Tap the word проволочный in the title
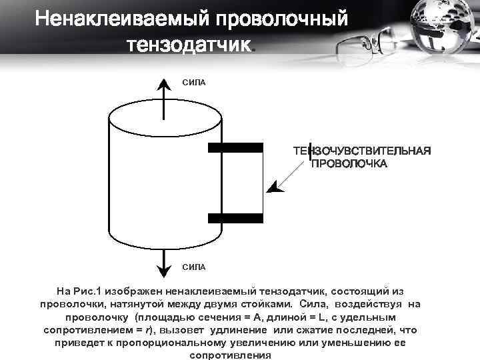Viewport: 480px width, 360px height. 281,19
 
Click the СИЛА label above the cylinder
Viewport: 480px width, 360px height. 194,82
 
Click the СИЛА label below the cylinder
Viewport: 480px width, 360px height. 194,267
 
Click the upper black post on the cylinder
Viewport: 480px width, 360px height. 235,148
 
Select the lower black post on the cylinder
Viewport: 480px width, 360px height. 235,218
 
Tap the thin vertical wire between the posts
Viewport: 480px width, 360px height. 262,183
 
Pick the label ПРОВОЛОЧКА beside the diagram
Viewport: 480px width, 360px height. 349,163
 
